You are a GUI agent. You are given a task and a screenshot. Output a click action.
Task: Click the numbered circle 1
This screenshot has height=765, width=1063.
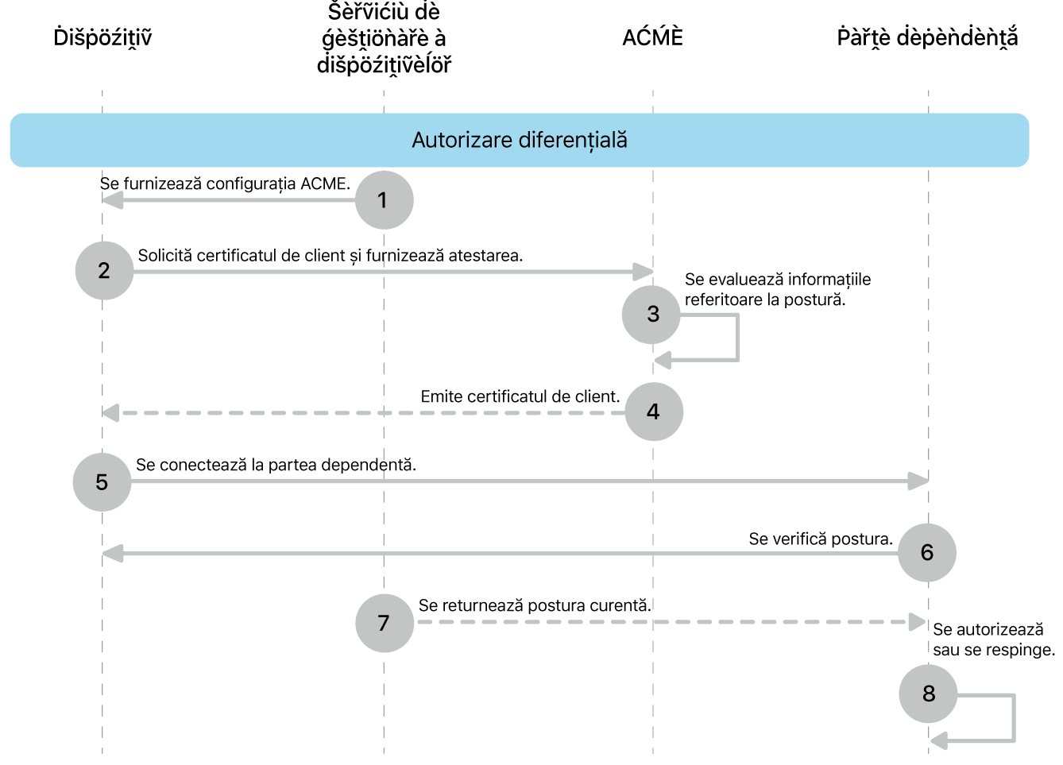tap(384, 200)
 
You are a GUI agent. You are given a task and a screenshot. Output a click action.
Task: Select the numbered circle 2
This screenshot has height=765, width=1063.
tap(104, 271)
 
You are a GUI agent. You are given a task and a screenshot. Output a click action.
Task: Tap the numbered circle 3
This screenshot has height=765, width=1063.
tap(652, 315)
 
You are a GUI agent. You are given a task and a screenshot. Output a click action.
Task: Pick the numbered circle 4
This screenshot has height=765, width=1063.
tap(653, 411)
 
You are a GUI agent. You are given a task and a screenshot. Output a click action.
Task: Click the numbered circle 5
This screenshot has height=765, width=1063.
tap(102, 482)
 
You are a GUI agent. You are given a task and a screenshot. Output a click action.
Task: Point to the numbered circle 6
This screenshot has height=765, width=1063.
tap(926, 553)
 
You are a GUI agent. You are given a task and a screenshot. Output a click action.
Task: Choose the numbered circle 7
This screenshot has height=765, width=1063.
tap(384, 623)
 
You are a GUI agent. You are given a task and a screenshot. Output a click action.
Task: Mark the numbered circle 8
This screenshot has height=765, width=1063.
tap(928, 694)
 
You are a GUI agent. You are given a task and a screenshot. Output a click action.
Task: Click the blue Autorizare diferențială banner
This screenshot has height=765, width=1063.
tap(520, 141)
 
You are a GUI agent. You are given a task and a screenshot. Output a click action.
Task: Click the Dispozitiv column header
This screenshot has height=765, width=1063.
tap(102, 37)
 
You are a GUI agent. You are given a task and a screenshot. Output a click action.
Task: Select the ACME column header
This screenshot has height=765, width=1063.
tap(652, 37)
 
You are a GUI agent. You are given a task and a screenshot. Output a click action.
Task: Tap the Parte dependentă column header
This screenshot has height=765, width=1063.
tap(927, 37)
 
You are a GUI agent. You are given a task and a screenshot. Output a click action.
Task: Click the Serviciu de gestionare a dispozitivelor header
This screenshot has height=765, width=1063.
tap(384, 38)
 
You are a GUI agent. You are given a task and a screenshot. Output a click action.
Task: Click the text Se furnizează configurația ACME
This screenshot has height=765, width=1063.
tap(225, 184)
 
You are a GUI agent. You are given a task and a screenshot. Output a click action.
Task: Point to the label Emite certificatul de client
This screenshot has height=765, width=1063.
tap(520, 396)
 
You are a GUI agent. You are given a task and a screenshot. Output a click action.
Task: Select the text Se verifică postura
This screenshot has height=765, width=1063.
tap(820, 539)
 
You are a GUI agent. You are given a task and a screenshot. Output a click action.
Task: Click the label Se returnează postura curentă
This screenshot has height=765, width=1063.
tap(534, 605)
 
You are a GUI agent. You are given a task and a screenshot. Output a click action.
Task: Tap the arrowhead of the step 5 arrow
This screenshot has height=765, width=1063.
tap(918, 481)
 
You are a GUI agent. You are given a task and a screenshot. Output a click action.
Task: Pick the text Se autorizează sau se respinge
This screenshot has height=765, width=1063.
tap(993, 639)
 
